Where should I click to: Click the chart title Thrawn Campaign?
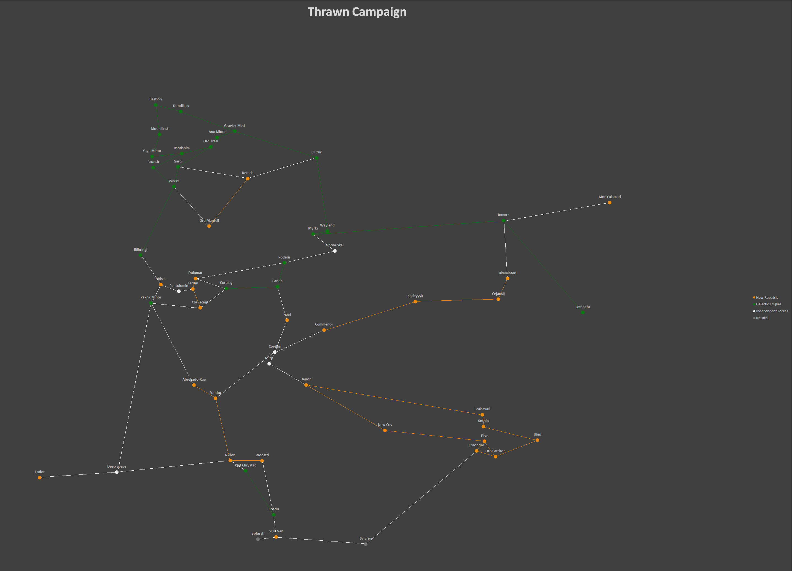click(x=357, y=12)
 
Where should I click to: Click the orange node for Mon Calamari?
click(x=609, y=203)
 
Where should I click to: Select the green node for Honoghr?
click(x=582, y=313)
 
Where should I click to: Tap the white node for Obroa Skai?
click(x=335, y=251)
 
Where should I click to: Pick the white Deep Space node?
click(x=117, y=472)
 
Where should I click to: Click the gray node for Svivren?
click(x=366, y=544)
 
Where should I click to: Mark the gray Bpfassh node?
click(x=258, y=539)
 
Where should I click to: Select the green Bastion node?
click(x=155, y=105)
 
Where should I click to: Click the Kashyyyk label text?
click(x=415, y=296)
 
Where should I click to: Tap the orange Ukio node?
click(x=537, y=440)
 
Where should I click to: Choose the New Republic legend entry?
click(x=767, y=297)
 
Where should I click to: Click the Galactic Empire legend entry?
click(x=768, y=304)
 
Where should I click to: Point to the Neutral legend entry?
click(x=762, y=318)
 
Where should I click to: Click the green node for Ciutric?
click(x=316, y=158)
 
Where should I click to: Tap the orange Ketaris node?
click(x=248, y=178)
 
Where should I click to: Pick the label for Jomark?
click(x=503, y=215)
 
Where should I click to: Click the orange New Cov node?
click(x=385, y=431)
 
